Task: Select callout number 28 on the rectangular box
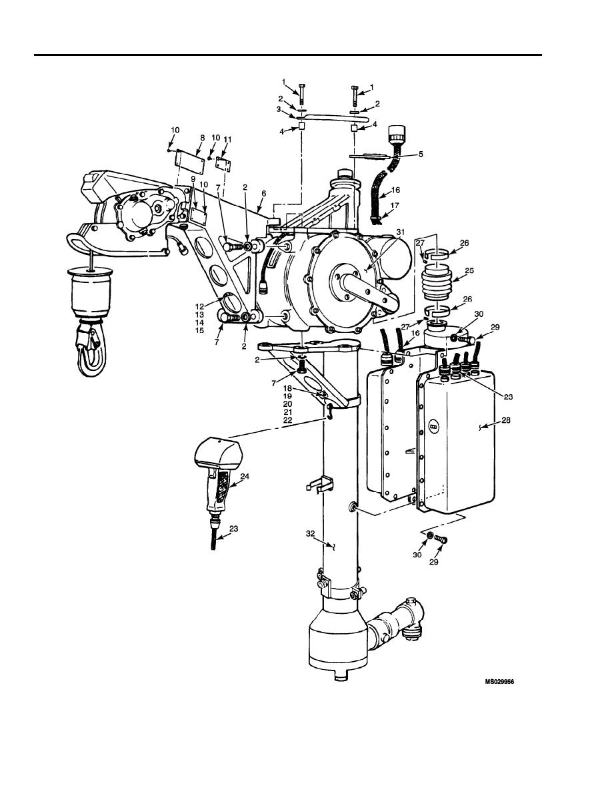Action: [505, 419]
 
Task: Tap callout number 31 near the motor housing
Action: [401, 232]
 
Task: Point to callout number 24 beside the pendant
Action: [245, 476]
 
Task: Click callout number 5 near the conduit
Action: [420, 154]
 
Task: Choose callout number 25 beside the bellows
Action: [469, 270]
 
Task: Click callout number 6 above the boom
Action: [263, 192]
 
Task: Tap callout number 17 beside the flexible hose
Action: [395, 205]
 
